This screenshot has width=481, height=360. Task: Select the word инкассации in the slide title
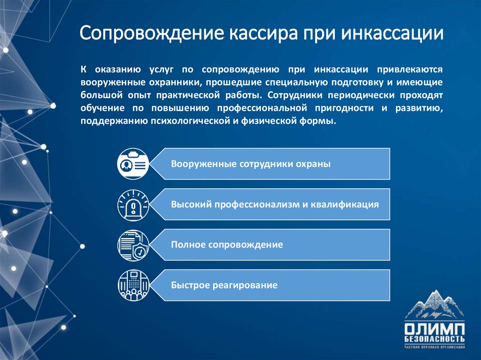tap(392, 34)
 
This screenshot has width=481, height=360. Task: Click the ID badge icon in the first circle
tap(133, 164)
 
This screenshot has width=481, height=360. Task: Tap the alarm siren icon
tap(133, 205)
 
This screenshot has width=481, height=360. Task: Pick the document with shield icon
tap(133, 245)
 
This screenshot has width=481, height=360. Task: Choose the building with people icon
tap(133, 285)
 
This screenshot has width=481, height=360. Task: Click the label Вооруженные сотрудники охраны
tap(251, 164)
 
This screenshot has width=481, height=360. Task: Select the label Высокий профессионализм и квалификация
tap(275, 205)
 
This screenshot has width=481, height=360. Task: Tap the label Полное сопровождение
tap(227, 245)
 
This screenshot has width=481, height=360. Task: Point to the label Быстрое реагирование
tap(224, 285)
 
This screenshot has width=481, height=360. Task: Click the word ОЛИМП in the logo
tap(434, 328)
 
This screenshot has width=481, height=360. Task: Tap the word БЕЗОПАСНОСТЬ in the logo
tap(434, 339)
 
